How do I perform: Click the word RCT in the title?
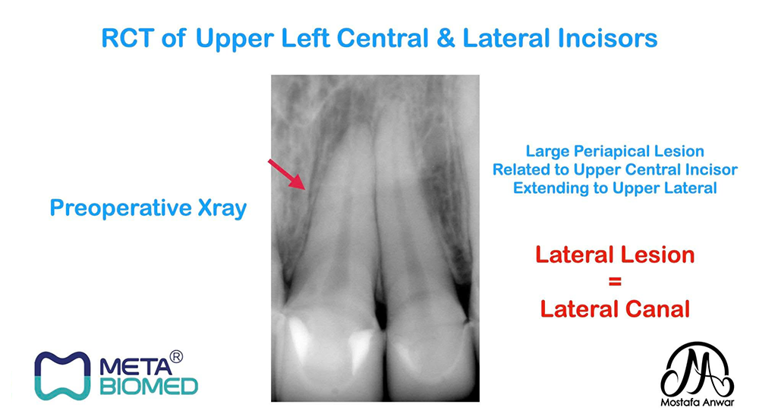(128, 38)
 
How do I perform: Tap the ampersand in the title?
(446, 38)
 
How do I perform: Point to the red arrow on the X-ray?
(287, 174)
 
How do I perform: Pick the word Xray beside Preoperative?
(222, 209)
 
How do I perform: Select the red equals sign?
(615, 281)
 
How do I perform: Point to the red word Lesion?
(660, 254)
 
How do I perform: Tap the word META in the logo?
(136, 366)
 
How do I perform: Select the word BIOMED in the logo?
(149, 387)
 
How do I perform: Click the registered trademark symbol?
(177, 357)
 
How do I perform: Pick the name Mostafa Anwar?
(698, 403)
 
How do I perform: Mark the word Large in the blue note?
(547, 152)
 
